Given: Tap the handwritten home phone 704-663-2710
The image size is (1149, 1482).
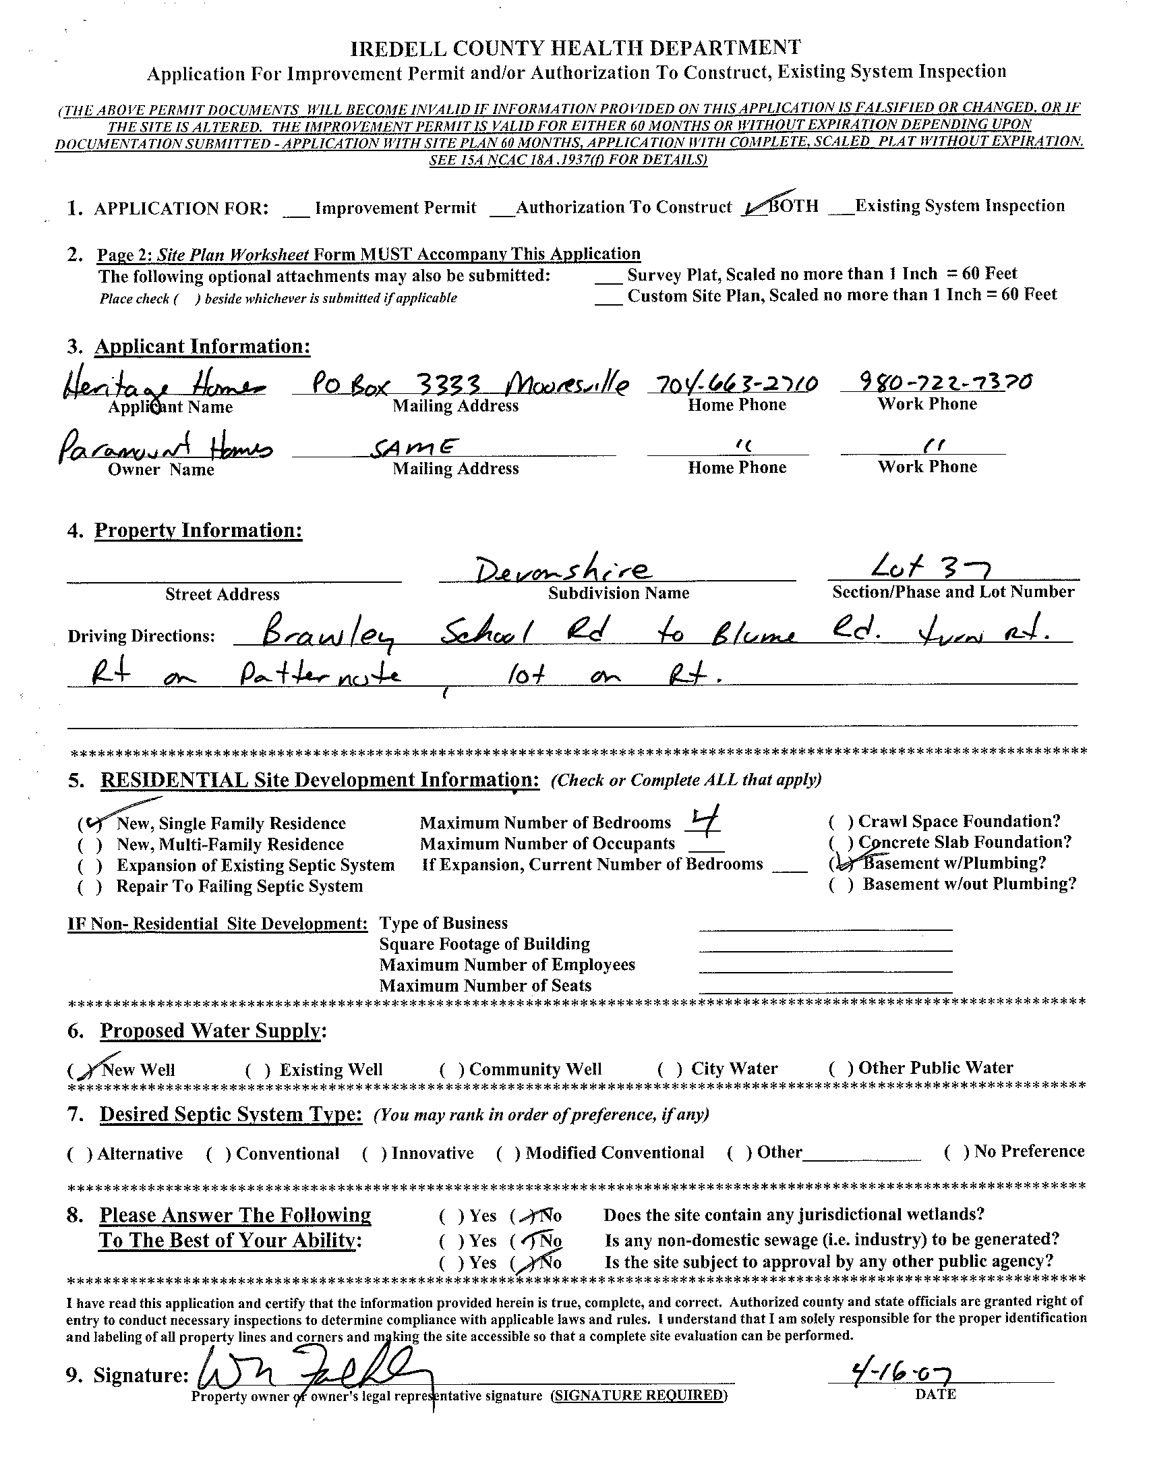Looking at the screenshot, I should pos(733,384).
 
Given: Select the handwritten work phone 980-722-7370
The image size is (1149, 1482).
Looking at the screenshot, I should pos(936,382).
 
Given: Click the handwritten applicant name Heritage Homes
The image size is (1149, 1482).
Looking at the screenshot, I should pos(163,387).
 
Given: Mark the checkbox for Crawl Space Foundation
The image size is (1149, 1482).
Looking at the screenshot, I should pos(840,822).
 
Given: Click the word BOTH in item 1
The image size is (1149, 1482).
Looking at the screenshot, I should pos(793,206).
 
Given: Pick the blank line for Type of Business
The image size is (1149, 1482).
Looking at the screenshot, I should pos(825,926).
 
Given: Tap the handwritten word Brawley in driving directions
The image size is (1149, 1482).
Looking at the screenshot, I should pos(332,635).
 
